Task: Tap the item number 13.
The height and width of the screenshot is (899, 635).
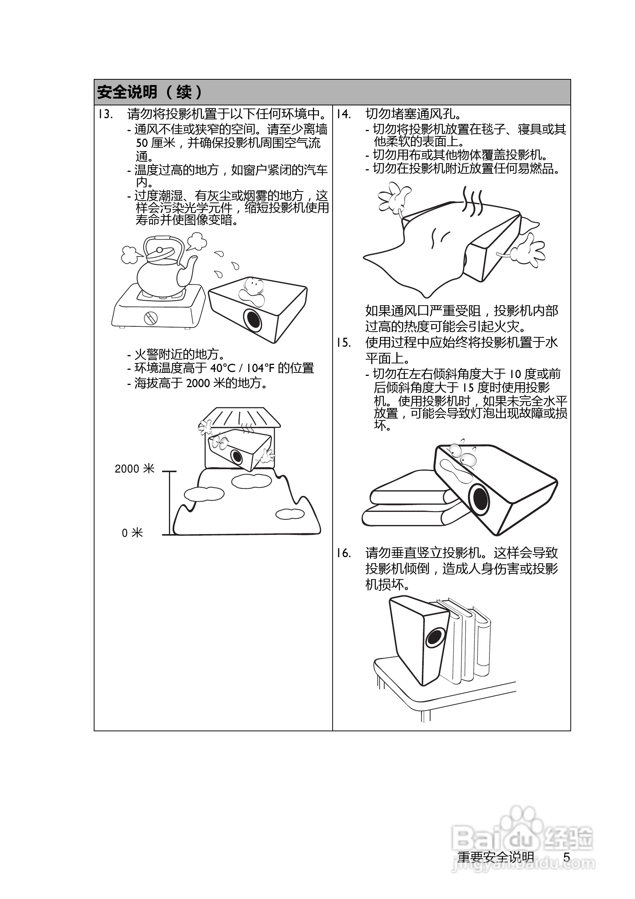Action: point(105,114)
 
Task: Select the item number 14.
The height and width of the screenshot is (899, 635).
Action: point(344,114)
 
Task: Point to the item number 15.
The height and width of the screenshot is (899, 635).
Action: point(344,343)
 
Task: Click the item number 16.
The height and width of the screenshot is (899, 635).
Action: point(344,553)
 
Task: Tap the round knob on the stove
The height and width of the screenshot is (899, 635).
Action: point(151,318)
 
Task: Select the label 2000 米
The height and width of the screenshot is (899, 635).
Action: point(134,469)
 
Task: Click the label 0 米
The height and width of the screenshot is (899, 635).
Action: point(132,533)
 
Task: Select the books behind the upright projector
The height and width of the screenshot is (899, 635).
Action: point(468,642)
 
